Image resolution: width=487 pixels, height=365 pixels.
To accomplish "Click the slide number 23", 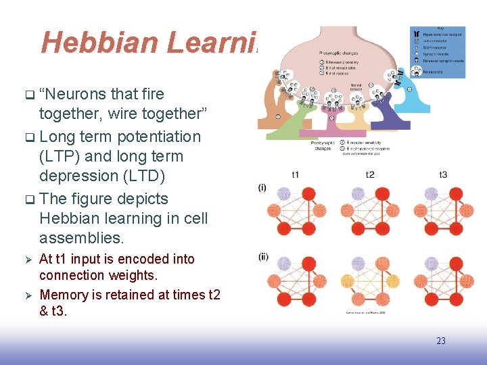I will coord(440,341).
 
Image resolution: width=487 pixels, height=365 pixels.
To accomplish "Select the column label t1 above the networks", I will coord(296,174).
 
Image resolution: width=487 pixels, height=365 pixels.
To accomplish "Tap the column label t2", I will coord(370,174).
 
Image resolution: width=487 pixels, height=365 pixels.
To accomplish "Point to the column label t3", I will coord(442,174).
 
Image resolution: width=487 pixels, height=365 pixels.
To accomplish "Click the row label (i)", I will coord(262,187).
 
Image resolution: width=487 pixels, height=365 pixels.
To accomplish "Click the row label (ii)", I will coord(263,256).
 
